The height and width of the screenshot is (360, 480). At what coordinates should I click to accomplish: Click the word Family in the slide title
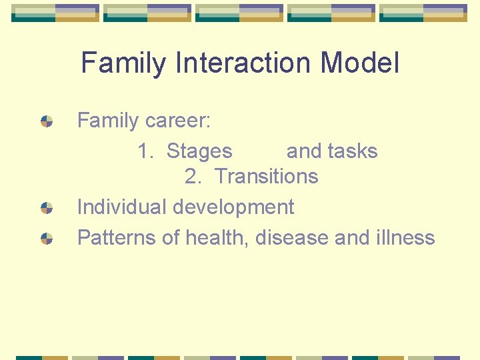click(123, 64)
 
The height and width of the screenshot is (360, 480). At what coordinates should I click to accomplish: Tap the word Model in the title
click(360, 63)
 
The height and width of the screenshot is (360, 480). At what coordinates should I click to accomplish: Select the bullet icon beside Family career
click(47, 121)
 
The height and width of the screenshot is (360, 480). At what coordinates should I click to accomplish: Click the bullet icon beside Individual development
click(47, 208)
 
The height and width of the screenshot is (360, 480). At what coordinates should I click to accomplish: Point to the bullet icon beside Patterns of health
click(47, 238)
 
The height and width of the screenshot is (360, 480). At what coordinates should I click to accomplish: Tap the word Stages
click(199, 152)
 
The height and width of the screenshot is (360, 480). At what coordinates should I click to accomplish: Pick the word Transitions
click(267, 177)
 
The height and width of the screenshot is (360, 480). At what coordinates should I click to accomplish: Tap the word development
click(233, 208)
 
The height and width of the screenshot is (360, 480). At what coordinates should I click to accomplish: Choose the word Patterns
click(116, 237)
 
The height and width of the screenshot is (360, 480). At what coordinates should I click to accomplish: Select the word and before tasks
click(303, 151)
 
